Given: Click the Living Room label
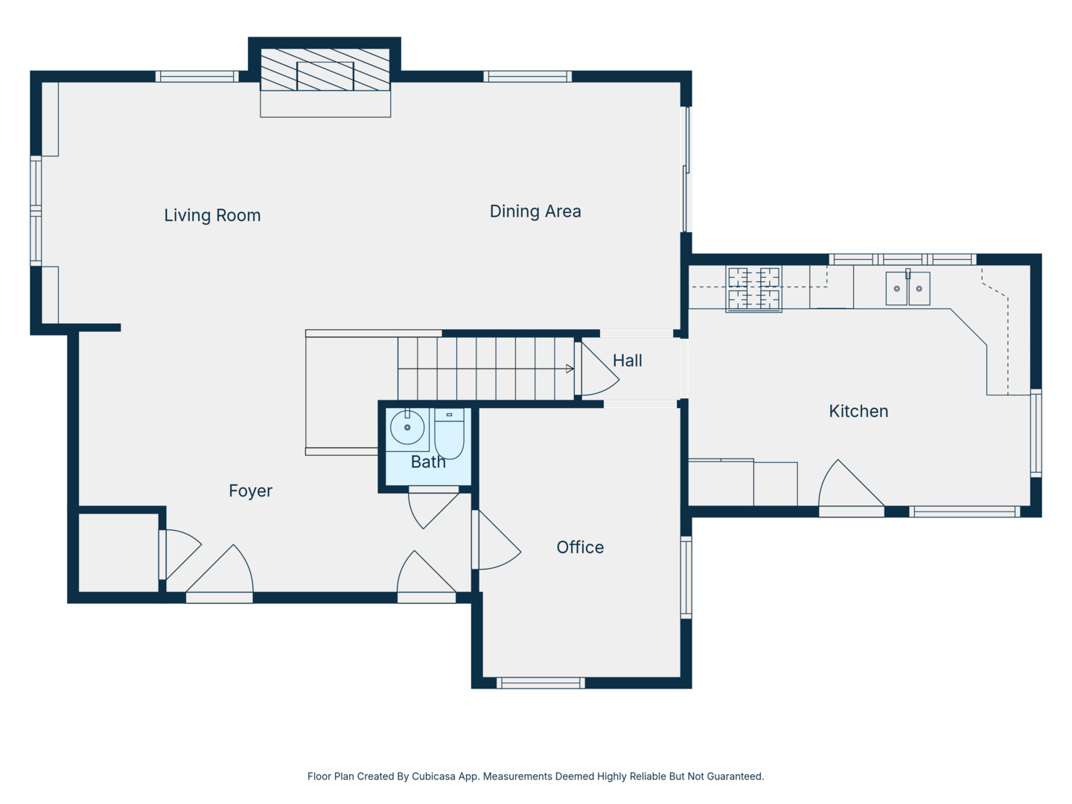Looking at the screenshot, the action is [212, 215].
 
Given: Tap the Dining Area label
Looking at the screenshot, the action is [535, 211].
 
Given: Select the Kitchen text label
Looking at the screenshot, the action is [858, 411].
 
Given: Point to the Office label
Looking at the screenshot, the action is [580, 547].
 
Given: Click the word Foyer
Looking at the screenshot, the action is [251, 491].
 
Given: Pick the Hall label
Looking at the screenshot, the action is [627, 361].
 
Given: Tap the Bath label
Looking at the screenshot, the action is [428, 462].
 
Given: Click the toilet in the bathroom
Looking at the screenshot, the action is [449, 434].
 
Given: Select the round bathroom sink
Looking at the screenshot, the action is [407, 427].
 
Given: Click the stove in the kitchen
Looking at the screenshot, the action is [753, 289].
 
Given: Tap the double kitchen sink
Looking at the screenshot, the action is [908, 288].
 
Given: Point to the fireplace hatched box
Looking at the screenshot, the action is [325, 69].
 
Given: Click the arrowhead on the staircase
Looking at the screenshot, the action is [569, 368].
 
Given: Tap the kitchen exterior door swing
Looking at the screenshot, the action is [851, 482].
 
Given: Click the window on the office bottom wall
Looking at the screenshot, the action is [540, 683].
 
